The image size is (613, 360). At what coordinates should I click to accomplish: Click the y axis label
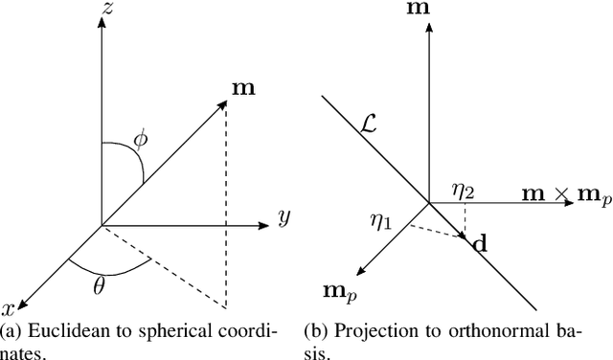click(283, 218)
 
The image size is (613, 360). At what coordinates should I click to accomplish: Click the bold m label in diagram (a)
click(243, 88)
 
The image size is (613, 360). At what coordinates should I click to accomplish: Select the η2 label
click(465, 191)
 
